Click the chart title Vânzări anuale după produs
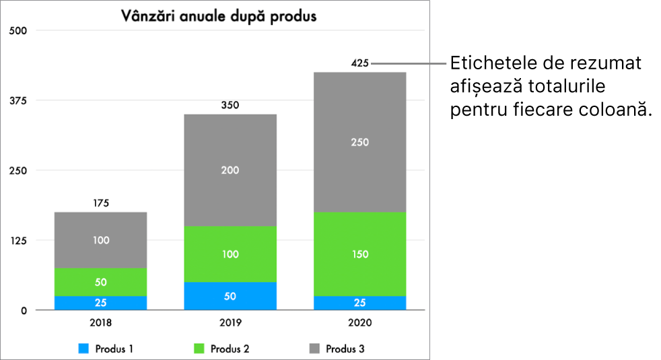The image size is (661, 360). pyautogui.click(x=218, y=16)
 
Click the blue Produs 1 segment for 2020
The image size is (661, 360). pyautogui.click(x=359, y=303)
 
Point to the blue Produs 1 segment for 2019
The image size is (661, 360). pyautogui.click(x=230, y=296)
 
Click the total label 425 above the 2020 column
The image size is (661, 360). pyautogui.click(x=360, y=64)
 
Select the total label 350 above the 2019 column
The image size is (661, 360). pyautogui.click(x=230, y=106)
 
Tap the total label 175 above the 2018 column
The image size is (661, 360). pyautogui.click(x=101, y=203)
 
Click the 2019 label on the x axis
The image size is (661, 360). pyautogui.click(x=230, y=323)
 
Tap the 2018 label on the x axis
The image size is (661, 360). pyautogui.click(x=101, y=323)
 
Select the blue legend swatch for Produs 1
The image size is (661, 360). pyautogui.click(x=84, y=349)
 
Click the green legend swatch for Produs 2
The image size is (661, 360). pyautogui.click(x=199, y=349)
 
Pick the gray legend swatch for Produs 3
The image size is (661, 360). pyautogui.click(x=314, y=349)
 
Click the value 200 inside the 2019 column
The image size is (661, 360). pyautogui.click(x=230, y=170)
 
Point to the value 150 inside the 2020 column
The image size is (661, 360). pyautogui.click(x=359, y=254)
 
